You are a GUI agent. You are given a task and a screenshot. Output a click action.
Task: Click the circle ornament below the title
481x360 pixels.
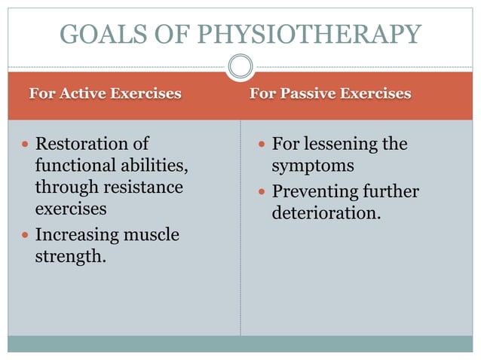[240, 66]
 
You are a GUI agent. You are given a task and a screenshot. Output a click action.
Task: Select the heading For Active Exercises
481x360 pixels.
[105, 93]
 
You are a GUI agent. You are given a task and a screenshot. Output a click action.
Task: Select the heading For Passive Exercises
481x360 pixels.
[330, 93]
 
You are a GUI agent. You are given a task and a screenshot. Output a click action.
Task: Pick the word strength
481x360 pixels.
[69, 257]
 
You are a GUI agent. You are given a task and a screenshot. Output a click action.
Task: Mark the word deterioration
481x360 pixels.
[326, 213]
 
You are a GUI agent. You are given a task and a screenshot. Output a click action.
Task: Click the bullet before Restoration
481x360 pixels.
[25, 144]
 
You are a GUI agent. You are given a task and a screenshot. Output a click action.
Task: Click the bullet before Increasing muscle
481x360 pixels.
[25, 236]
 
